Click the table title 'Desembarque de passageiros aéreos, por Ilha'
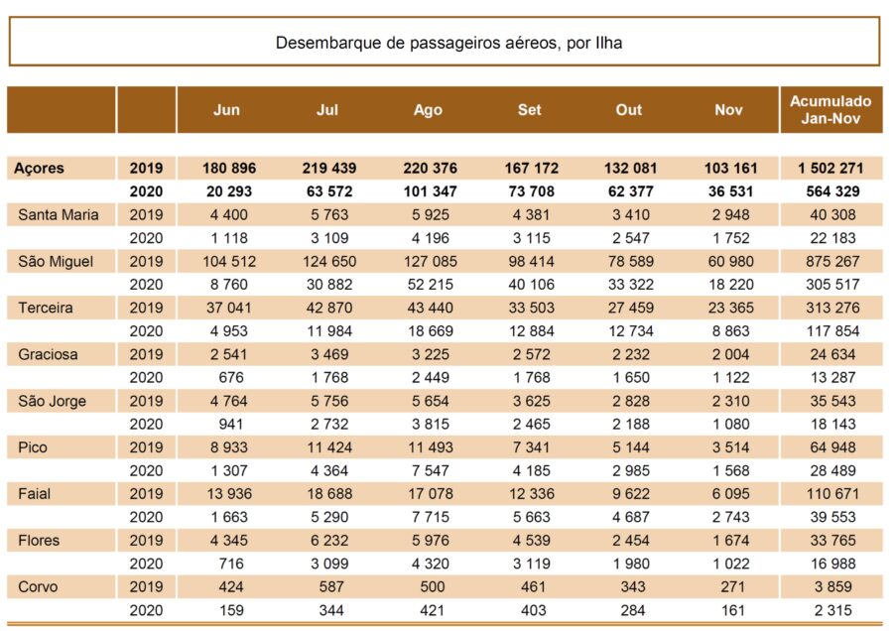point(448,43)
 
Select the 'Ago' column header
point(428,110)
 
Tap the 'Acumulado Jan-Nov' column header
point(830,109)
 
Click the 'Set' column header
point(529,109)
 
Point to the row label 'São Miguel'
point(56,261)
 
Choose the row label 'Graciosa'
point(48,354)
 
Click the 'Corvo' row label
point(38,586)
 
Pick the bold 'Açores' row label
point(39,168)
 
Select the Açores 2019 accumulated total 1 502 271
point(830,168)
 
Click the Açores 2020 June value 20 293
point(229,191)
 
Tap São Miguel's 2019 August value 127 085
point(430,261)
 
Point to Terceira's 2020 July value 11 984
point(329,330)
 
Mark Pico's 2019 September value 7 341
point(531,447)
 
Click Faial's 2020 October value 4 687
point(631,517)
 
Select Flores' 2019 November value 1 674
point(730,540)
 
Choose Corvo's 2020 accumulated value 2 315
point(832,610)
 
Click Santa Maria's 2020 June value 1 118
point(229,238)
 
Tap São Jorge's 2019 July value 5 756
point(329,401)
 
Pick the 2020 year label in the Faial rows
point(146,517)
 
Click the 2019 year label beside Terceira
point(146,308)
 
